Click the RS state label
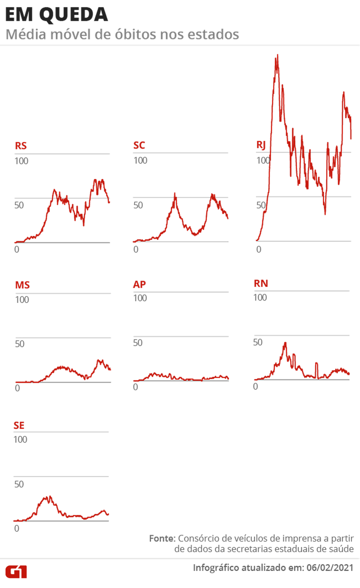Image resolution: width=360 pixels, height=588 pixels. [21, 146]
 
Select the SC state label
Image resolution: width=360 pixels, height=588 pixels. [139, 145]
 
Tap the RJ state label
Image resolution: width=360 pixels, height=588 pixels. [260, 145]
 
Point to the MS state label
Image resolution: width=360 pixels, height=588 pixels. [23, 284]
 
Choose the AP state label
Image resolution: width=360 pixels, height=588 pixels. [139, 284]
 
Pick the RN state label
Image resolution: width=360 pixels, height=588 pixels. [261, 283]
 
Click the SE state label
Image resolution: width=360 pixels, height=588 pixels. [19, 425]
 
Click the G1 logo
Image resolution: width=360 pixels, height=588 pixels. [16, 571]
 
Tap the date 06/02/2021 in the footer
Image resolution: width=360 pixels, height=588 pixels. [330, 568]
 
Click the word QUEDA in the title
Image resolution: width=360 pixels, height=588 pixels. [74, 15]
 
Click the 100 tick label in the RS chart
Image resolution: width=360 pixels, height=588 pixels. [22, 161]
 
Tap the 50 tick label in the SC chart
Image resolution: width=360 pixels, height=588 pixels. [138, 205]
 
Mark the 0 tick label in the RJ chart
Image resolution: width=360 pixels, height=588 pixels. [259, 249]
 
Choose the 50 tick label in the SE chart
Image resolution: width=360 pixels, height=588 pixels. [19, 484]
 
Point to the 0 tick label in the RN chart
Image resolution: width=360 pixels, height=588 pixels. [255, 386]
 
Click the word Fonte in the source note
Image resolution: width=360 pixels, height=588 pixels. [162, 538]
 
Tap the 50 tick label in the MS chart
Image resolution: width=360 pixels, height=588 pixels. [20, 344]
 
